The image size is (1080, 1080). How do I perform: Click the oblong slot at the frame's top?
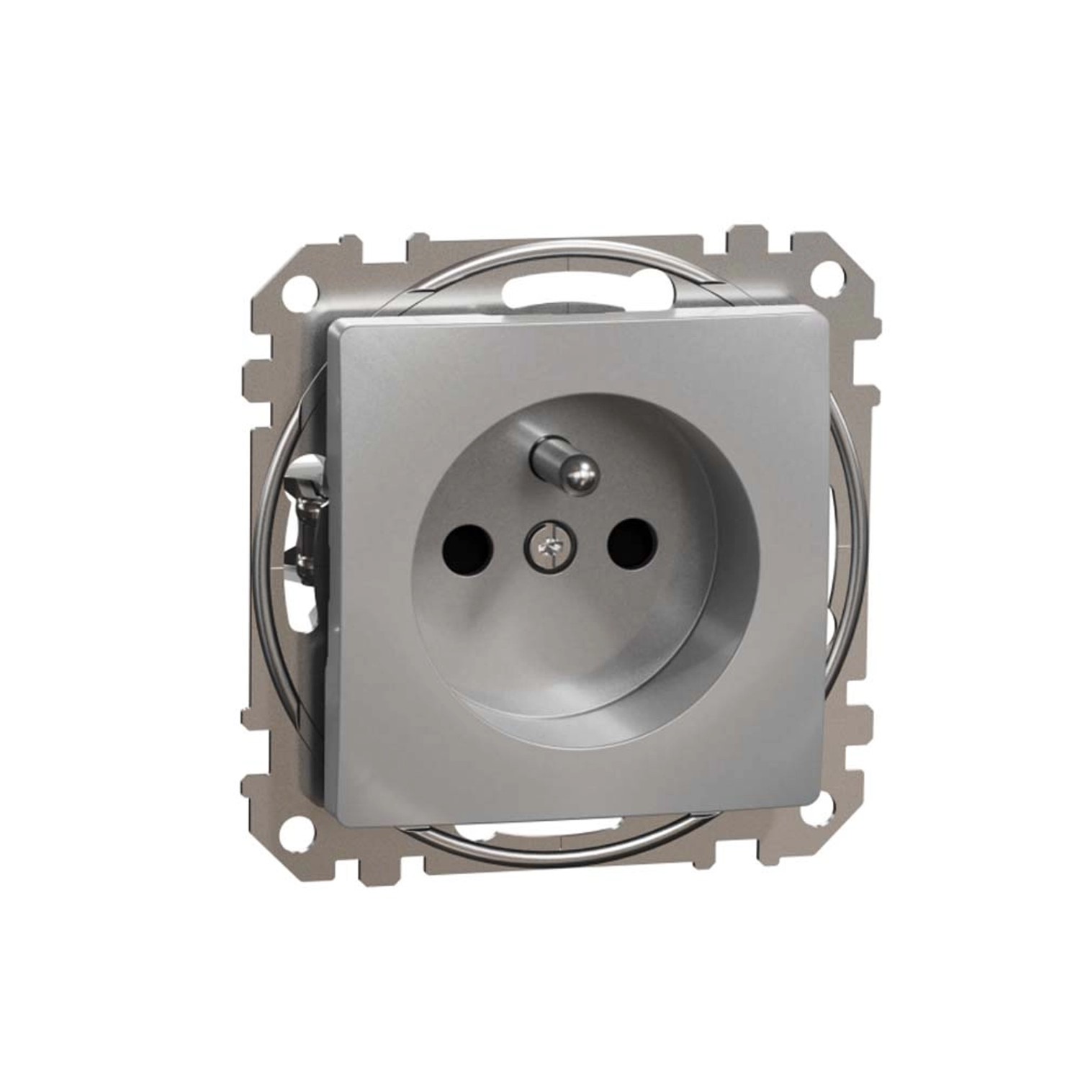coord(547,292)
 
